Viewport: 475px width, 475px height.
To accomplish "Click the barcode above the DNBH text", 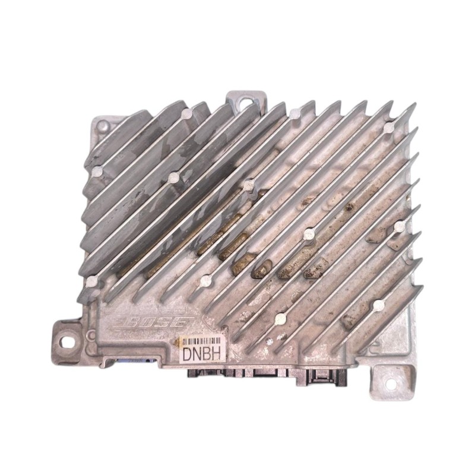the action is [x=203, y=340].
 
